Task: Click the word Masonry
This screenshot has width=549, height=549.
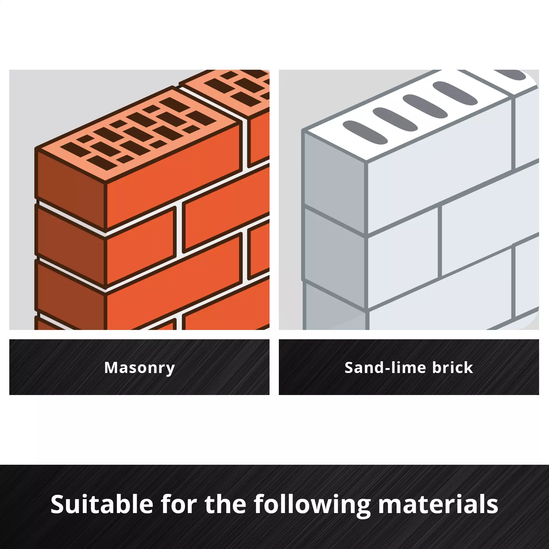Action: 139,368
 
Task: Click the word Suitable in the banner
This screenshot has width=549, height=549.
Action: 102,504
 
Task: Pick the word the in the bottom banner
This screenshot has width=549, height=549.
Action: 226,504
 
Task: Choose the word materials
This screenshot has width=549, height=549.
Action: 438,504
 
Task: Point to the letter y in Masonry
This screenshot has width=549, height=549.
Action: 170,370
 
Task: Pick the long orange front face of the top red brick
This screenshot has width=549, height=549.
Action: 173,177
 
